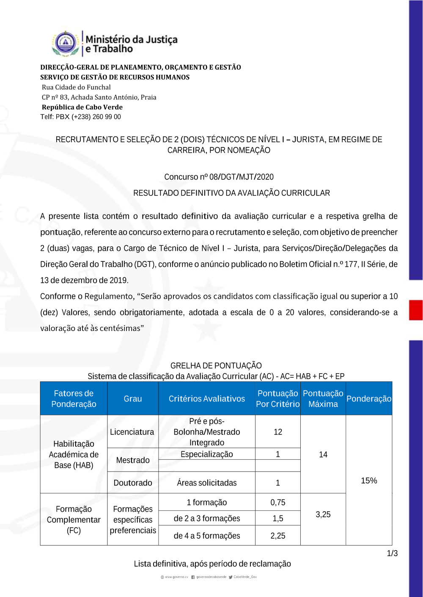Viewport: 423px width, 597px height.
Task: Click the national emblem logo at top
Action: click(x=66, y=43)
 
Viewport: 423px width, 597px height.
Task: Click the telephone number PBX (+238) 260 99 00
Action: click(x=88, y=117)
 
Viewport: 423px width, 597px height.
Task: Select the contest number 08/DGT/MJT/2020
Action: click(x=242, y=177)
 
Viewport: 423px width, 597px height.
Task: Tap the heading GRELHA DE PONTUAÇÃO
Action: click(x=216, y=366)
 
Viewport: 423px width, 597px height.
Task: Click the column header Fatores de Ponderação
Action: click(x=74, y=399)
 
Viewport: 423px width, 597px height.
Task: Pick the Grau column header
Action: click(x=133, y=399)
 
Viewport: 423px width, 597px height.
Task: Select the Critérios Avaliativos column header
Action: click(x=206, y=399)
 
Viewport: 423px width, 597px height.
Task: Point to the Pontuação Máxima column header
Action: click(x=323, y=399)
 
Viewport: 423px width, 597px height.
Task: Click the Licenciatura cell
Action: click(x=132, y=432)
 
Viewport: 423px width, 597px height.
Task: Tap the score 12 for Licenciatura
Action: click(x=278, y=432)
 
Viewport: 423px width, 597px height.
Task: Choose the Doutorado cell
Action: click(x=133, y=483)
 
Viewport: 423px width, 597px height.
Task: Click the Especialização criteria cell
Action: click(x=206, y=454)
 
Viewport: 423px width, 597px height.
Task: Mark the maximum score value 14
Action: click(x=323, y=455)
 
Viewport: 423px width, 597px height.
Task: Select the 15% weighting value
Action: click(x=369, y=480)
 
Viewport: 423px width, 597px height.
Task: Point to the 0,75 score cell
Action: click(x=278, y=502)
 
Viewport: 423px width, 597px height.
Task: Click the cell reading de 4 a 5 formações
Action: click(x=206, y=536)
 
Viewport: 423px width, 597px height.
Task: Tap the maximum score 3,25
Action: click(x=323, y=515)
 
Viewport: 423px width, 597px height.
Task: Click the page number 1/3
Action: click(x=392, y=554)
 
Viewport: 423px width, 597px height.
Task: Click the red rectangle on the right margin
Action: click(x=416, y=310)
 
